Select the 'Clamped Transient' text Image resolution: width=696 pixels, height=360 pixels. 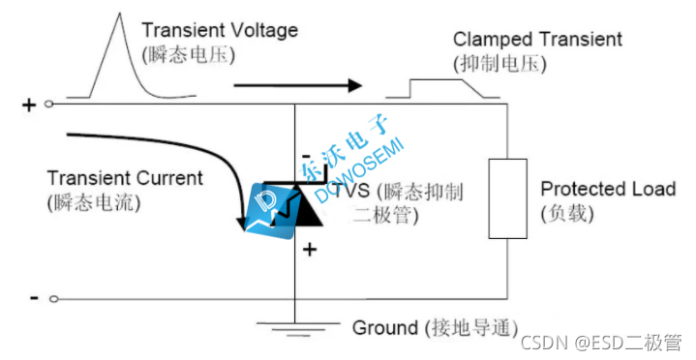click(x=537, y=40)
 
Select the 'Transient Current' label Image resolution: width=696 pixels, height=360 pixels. click(x=125, y=178)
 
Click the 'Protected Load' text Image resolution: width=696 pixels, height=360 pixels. click(x=608, y=189)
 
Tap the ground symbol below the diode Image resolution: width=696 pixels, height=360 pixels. click(x=293, y=327)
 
